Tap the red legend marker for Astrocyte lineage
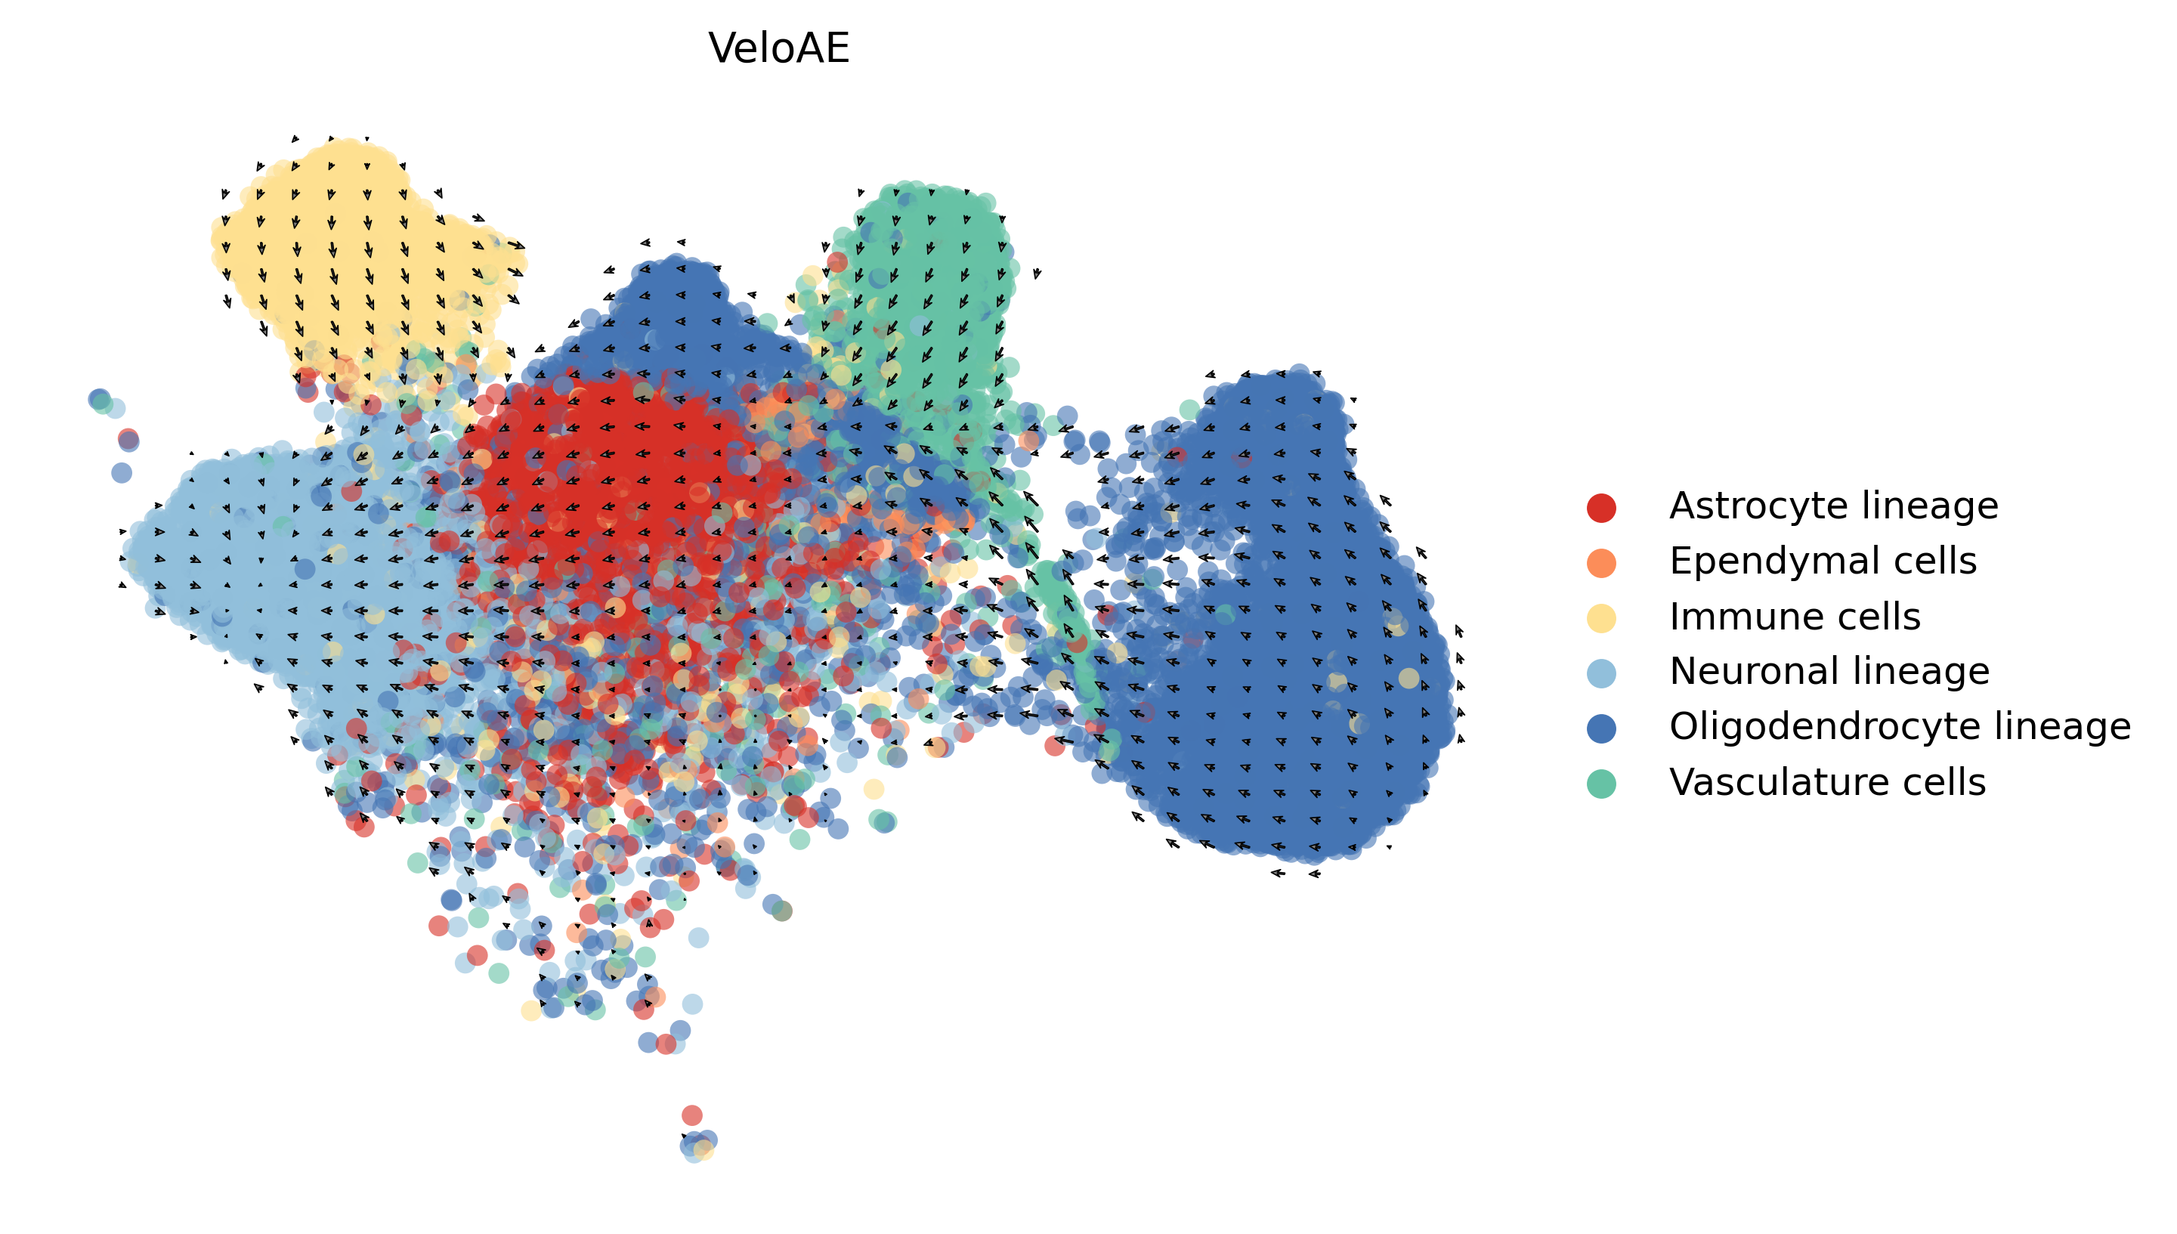click(x=1600, y=508)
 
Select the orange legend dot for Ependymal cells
click(x=1600, y=563)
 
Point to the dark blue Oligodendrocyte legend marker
click(x=1600, y=728)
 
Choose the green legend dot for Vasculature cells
click(x=1600, y=783)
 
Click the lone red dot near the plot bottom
click(x=691, y=1115)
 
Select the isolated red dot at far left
click(x=128, y=439)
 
